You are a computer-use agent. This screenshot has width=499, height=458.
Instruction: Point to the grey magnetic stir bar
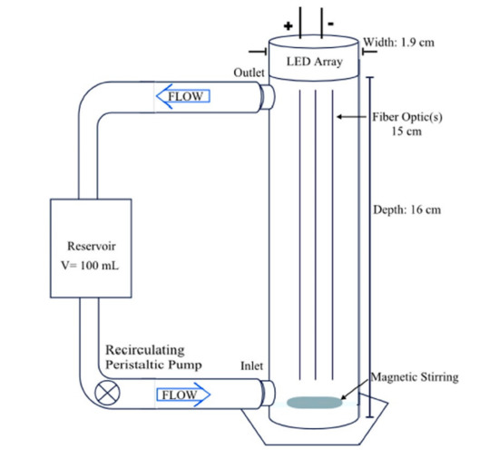[314, 402]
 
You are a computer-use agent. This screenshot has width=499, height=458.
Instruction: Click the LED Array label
[312, 63]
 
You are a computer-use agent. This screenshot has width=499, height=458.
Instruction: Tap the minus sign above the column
[333, 21]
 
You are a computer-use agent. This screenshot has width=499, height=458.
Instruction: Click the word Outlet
[249, 72]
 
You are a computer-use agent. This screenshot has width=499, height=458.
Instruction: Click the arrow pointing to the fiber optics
[350, 117]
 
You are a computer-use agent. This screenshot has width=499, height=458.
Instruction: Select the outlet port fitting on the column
[268, 95]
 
